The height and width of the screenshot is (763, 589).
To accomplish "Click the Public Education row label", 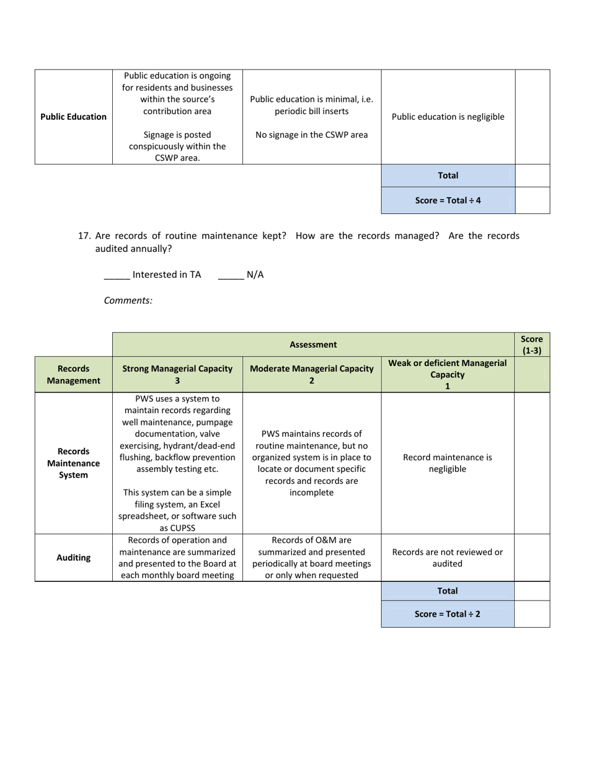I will pos(73,117).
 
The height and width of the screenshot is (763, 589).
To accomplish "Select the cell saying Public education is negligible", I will pos(448,117).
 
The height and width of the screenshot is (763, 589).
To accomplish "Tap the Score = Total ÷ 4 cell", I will pos(448,200).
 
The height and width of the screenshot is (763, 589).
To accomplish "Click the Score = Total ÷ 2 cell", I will pos(447,614).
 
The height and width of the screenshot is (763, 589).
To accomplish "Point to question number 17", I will pos(85,236).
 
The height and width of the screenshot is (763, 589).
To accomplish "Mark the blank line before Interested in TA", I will pos(117,275).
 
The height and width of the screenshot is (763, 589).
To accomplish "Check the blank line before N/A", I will pos(231,275).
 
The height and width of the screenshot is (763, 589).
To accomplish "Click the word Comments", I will pos(128,300).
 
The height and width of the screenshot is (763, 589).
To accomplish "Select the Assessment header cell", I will pos(313,344).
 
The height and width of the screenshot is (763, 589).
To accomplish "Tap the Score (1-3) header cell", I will pos(531,344).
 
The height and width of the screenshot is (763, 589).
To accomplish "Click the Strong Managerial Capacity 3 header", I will pos(177,374).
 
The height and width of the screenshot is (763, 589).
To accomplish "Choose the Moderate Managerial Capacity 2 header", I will pos(311,374).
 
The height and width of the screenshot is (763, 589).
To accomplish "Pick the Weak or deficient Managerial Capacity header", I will pos(447,374).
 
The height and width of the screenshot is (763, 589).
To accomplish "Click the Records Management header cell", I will pos(73,374).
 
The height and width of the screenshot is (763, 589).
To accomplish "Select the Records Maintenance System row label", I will pos(73,463).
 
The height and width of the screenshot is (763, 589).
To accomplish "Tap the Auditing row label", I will pos(73,558).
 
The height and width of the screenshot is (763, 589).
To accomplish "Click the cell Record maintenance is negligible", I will pos(447,463).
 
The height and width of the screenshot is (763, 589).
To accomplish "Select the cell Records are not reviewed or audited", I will pos(447,558).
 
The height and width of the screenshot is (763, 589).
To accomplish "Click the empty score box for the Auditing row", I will pos(531,558).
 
